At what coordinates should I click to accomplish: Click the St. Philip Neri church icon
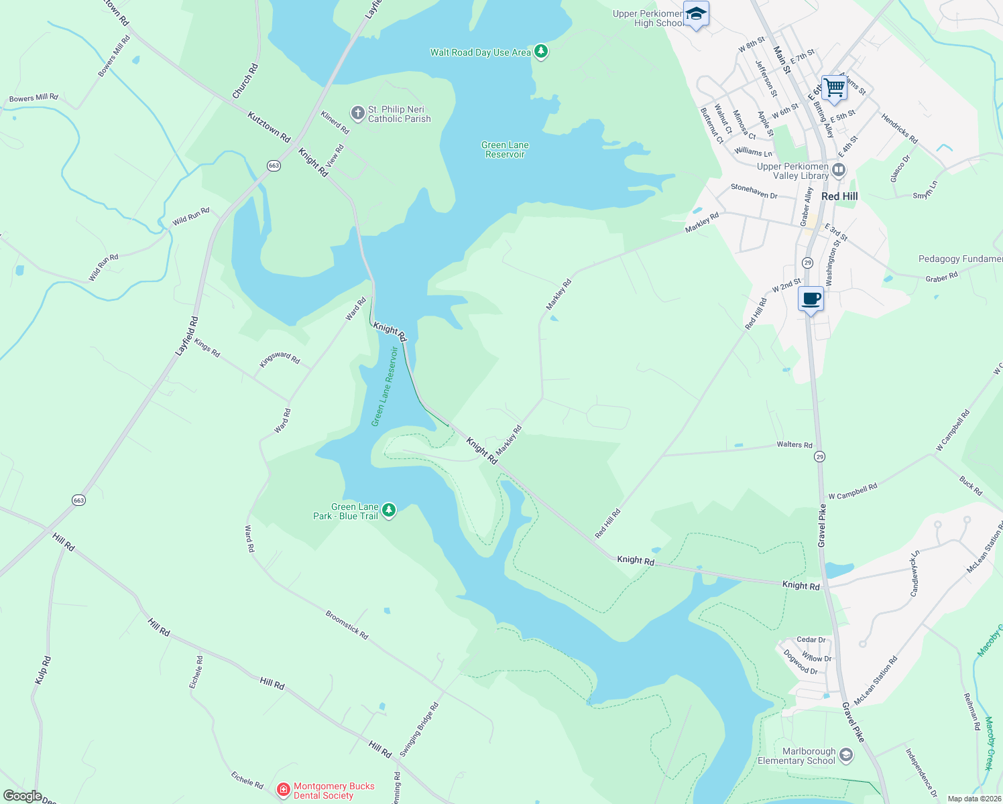tap(358, 113)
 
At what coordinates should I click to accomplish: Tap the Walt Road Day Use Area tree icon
tap(541, 52)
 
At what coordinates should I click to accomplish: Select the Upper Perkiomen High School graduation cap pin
tap(696, 14)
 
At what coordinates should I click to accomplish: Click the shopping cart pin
tap(834, 87)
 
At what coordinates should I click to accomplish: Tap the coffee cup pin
tap(811, 299)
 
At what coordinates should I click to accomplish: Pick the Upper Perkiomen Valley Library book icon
tap(839, 171)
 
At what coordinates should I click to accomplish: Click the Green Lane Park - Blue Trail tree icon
tap(388, 511)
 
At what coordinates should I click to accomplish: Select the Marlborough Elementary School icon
tap(846, 756)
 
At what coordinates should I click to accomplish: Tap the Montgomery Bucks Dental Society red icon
tap(284, 791)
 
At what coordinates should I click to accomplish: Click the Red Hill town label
tap(839, 196)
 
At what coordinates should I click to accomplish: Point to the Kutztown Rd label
tap(269, 127)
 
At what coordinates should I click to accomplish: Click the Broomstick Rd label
tap(347, 624)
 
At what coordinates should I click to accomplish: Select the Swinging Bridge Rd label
tap(419, 730)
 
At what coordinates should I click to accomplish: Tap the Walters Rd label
tap(794, 444)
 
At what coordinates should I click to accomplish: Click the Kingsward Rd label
tap(280, 359)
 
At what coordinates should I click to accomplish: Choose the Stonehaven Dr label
tap(754, 191)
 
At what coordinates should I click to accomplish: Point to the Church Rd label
tap(245, 82)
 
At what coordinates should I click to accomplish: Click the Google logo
tap(22, 796)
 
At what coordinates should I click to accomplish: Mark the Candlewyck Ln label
tap(914, 574)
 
